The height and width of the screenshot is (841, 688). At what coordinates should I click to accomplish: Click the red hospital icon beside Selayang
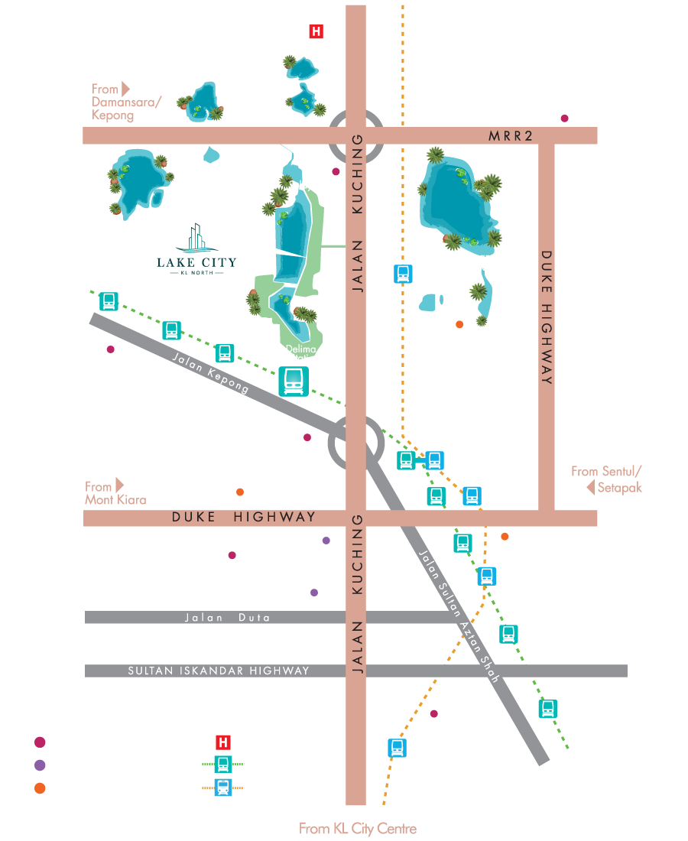[x=316, y=32]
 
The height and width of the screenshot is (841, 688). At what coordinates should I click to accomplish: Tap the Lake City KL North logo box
[x=196, y=251]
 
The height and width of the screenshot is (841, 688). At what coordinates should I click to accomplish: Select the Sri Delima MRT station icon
[x=293, y=381]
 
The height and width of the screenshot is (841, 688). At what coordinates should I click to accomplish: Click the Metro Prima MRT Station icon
[x=109, y=301]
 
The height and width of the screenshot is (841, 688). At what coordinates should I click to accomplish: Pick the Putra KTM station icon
[x=396, y=748]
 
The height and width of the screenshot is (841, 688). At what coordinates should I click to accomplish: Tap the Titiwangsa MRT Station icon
[x=547, y=708]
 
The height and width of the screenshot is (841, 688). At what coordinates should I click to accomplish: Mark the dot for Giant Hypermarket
[x=564, y=119]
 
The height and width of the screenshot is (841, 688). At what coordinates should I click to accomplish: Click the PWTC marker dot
[x=434, y=715]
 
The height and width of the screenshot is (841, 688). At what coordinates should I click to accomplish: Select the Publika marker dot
[x=232, y=555]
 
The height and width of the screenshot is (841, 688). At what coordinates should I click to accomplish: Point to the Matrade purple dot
[x=326, y=541]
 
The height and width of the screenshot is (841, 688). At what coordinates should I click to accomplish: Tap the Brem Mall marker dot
[x=307, y=437]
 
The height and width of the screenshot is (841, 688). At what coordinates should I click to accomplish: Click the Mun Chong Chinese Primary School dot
[x=459, y=325]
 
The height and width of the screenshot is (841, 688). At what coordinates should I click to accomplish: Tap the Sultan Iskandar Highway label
[x=219, y=671]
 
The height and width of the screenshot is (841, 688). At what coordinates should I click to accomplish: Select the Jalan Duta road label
[x=227, y=617]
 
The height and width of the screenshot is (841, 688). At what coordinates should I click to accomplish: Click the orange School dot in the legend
[x=40, y=788]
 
